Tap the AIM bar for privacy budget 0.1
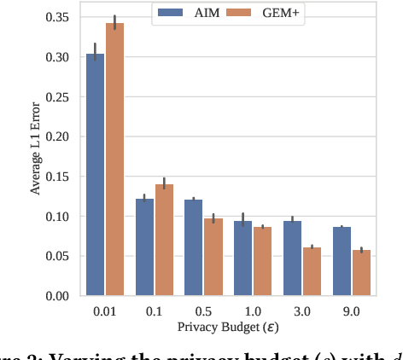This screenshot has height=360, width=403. (144, 247)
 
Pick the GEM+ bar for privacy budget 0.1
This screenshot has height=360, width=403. (164, 240)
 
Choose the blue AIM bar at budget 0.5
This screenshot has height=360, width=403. (193, 247)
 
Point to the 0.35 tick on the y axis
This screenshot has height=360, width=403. (60, 17)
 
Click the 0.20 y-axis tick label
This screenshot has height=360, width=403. (60, 136)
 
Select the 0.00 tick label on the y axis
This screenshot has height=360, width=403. (60, 296)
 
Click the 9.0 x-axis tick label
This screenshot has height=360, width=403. (351, 312)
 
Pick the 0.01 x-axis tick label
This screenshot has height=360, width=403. (104, 312)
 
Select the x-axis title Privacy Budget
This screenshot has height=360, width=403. (227, 328)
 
